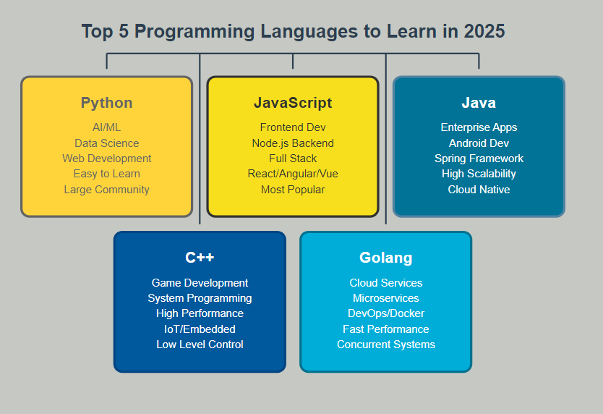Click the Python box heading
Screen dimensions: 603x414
coord(106,103)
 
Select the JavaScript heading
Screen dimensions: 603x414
coord(293,103)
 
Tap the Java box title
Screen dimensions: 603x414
coord(479,103)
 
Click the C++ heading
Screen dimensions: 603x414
coord(200,257)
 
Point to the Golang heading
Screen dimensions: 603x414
coord(385,258)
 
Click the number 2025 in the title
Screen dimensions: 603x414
coord(484,31)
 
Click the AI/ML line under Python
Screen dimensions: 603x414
coord(106,127)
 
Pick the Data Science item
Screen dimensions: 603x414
coord(106,143)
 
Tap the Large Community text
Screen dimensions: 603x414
coord(106,190)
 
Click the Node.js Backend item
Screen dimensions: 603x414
coord(293,143)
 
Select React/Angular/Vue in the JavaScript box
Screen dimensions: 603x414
coord(293,174)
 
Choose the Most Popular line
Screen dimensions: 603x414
coord(293,190)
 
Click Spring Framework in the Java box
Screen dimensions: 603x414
coord(479,159)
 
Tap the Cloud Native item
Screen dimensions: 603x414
coord(479,190)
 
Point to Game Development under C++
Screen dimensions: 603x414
coord(200,283)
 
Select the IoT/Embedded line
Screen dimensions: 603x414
coord(200,329)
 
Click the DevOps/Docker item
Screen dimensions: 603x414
coord(385,313)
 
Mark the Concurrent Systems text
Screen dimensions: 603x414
coord(385,345)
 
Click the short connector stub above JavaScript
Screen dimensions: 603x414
coord(293,62)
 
